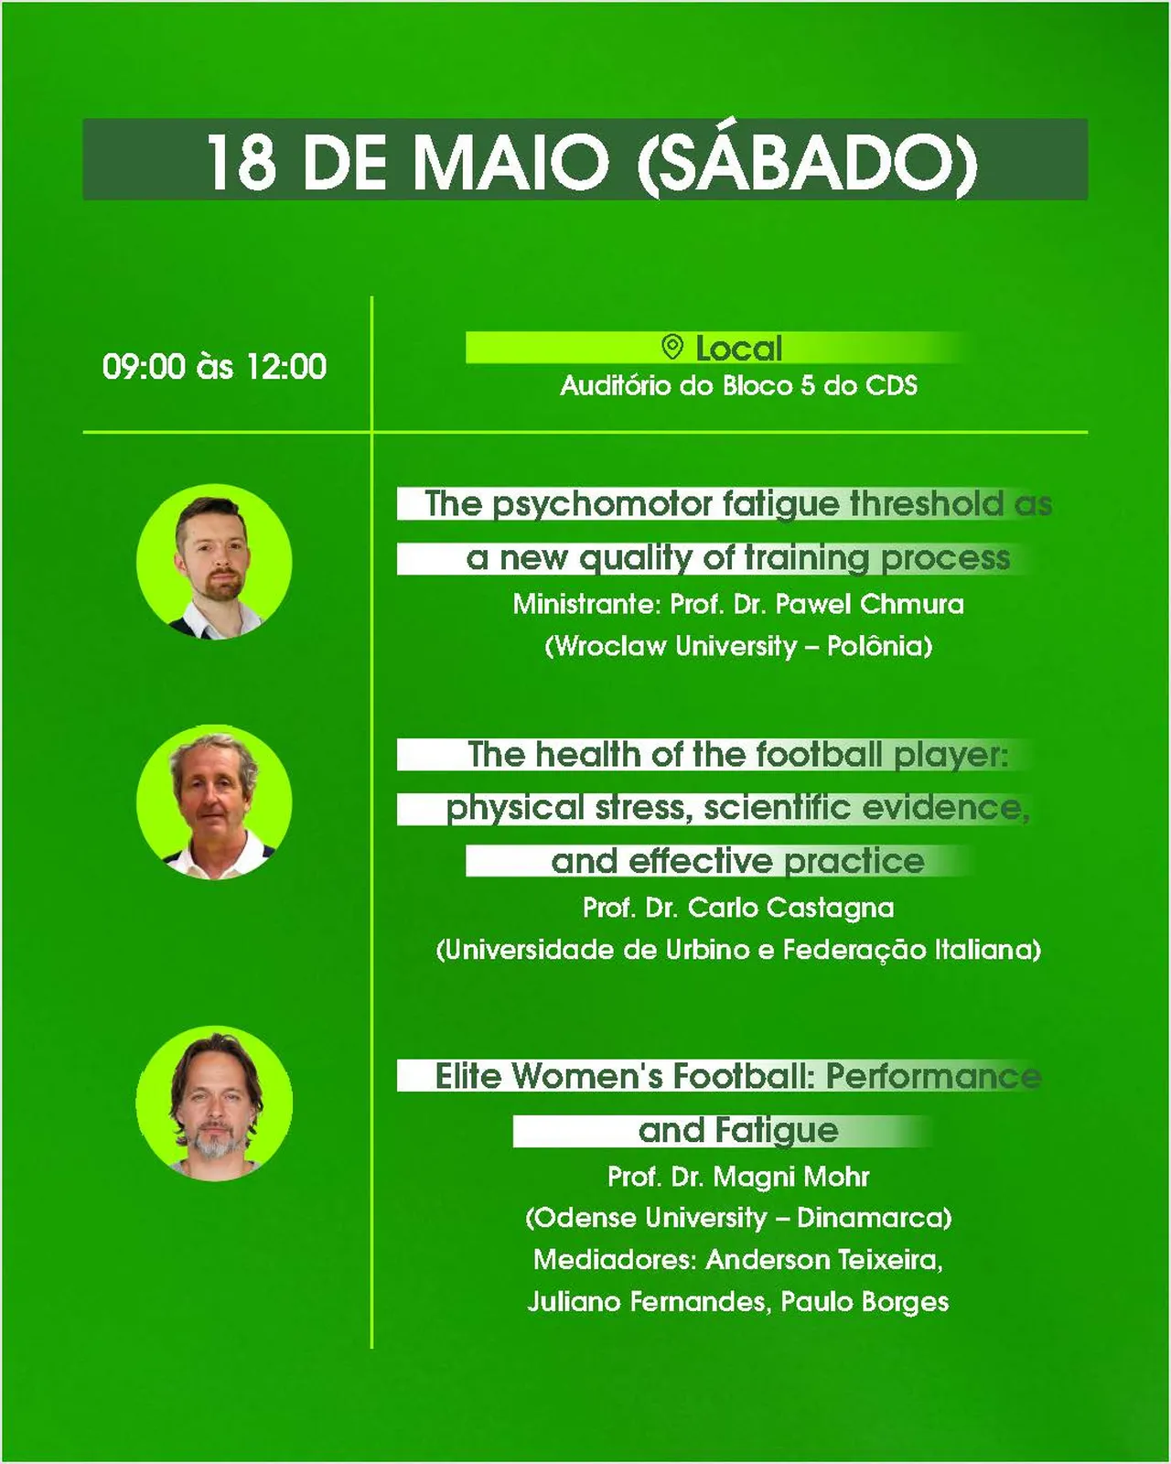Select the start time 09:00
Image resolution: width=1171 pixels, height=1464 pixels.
[144, 367]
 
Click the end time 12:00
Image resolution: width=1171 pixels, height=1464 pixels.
[285, 367]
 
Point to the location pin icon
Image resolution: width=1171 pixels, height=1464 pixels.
[672, 347]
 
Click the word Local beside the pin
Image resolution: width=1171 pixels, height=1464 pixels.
[739, 349]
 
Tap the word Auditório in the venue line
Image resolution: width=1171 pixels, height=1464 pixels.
[618, 386]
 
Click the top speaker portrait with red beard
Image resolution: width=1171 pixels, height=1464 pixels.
[214, 561]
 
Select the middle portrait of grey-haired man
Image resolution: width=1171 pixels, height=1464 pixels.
[214, 802]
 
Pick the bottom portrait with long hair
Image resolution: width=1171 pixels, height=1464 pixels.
[214, 1103]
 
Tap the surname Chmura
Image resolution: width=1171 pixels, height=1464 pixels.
[912, 603]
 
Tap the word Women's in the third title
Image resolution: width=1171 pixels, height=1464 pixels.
[586, 1076]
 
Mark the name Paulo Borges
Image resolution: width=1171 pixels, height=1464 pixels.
[865, 1302]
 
